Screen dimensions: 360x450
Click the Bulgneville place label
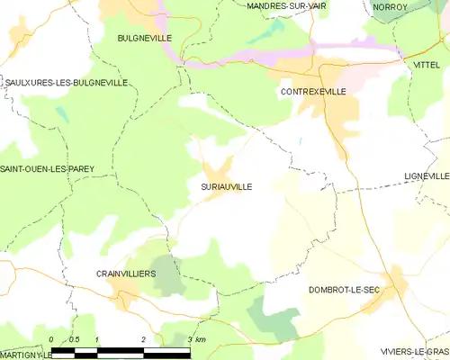(144, 38)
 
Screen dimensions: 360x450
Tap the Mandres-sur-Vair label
(286, 5)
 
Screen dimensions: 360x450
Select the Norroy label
(390, 6)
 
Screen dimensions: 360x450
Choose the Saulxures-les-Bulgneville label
(66, 82)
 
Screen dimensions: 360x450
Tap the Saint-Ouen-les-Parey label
(47, 168)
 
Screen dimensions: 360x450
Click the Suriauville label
(220, 186)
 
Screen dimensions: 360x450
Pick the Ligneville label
(427, 175)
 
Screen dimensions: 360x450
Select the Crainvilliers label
(126, 272)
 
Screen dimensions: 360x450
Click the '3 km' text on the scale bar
(197, 339)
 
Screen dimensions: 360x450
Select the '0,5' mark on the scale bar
(74, 339)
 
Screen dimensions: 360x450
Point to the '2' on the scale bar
(143, 339)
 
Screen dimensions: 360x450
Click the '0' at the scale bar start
(51, 339)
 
